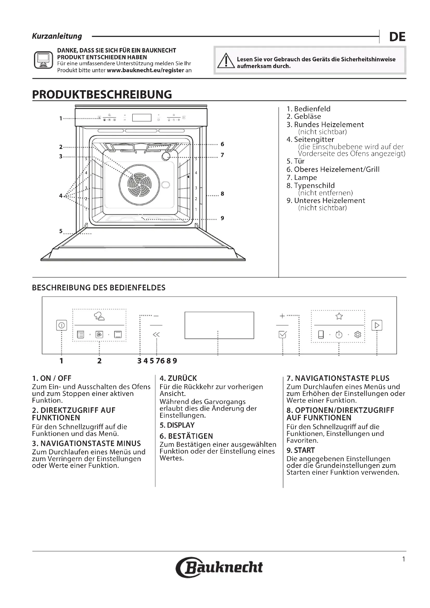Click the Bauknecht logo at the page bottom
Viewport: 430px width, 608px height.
click(219, 567)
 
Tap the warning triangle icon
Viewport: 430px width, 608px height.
click(226, 61)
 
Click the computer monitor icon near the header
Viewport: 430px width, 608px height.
click(43, 60)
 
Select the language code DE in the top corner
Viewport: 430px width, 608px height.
click(397, 37)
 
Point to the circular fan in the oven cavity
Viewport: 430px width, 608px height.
click(139, 184)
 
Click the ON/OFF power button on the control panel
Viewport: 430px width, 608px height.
click(61, 325)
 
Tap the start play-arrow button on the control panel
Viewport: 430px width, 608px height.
click(377, 325)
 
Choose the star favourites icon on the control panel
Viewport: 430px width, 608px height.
click(339, 316)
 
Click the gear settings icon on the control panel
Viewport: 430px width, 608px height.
click(358, 335)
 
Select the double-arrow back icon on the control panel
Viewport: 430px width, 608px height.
click(156, 335)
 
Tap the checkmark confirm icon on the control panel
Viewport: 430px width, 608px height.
click(283, 335)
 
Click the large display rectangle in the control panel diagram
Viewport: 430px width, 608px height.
click(219, 325)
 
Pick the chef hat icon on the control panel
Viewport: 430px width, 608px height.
click(99, 316)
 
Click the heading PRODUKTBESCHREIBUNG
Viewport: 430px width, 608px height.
click(102, 95)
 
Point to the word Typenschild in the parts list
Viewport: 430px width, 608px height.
click(314, 186)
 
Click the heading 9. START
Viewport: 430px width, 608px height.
click(301, 450)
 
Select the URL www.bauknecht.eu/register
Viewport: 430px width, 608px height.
click(145, 70)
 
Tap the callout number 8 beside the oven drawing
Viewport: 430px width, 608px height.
click(223, 194)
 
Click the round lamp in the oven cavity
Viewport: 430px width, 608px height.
click(166, 156)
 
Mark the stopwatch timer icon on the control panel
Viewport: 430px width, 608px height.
click(339, 335)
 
